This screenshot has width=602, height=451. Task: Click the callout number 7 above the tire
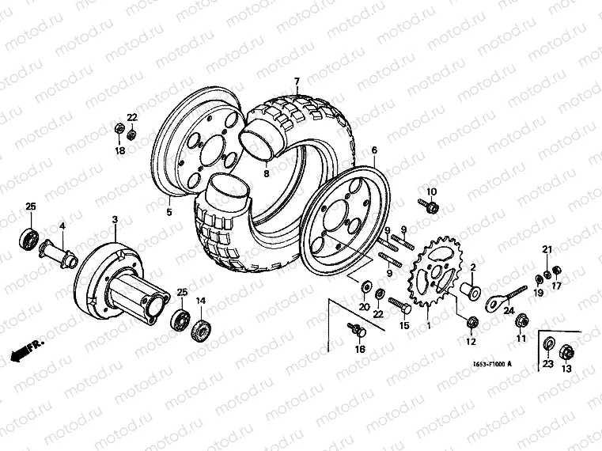click(297, 81)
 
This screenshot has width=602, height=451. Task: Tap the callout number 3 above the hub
click(115, 219)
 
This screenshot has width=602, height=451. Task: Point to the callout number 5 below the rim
click(168, 211)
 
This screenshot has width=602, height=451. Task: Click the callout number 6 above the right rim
click(374, 150)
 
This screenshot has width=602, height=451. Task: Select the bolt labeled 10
click(431, 207)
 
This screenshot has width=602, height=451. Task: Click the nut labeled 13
click(566, 351)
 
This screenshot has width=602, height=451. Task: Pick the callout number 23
click(547, 365)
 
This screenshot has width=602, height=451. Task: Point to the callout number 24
click(509, 311)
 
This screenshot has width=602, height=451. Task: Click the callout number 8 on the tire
click(267, 173)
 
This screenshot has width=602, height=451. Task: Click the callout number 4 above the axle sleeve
click(62, 226)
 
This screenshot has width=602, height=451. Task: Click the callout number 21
click(546, 251)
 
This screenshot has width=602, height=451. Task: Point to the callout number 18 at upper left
click(120, 150)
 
